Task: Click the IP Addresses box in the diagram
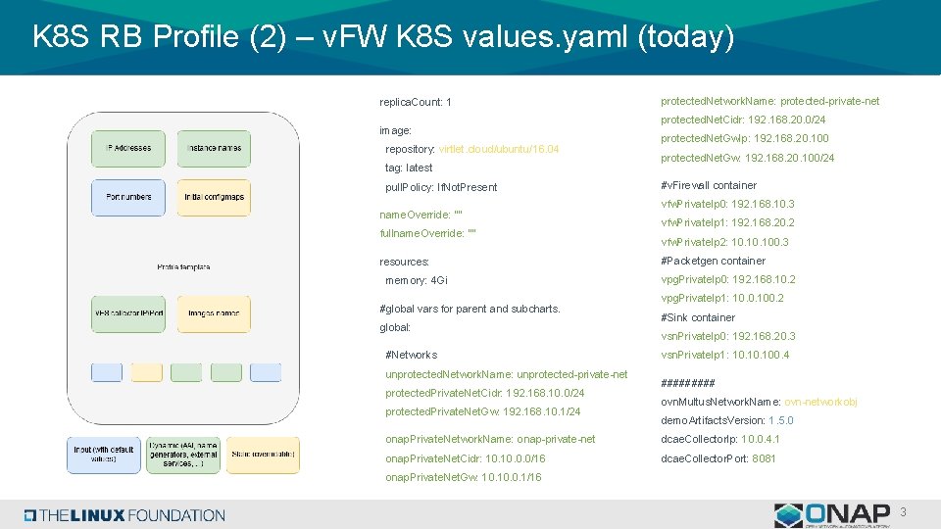(x=128, y=148)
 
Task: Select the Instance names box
(x=215, y=148)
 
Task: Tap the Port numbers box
(x=128, y=197)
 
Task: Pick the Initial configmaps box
(x=215, y=197)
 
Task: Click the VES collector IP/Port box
(x=128, y=313)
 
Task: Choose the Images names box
(x=215, y=313)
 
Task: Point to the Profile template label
(x=183, y=266)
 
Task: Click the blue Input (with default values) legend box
(x=103, y=455)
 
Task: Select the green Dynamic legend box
(x=183, y=455)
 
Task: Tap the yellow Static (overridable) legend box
(x=263, y=455)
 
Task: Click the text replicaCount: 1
(x=415, y=103)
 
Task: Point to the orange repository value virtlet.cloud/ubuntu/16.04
(x=499, y=149)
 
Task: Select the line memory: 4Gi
(x=417, y=280)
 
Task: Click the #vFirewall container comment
(x=709, y=185)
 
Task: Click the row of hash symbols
(x=687, y=383)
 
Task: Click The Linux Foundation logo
(x=124, y=515)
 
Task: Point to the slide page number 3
(x=903, y=512)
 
